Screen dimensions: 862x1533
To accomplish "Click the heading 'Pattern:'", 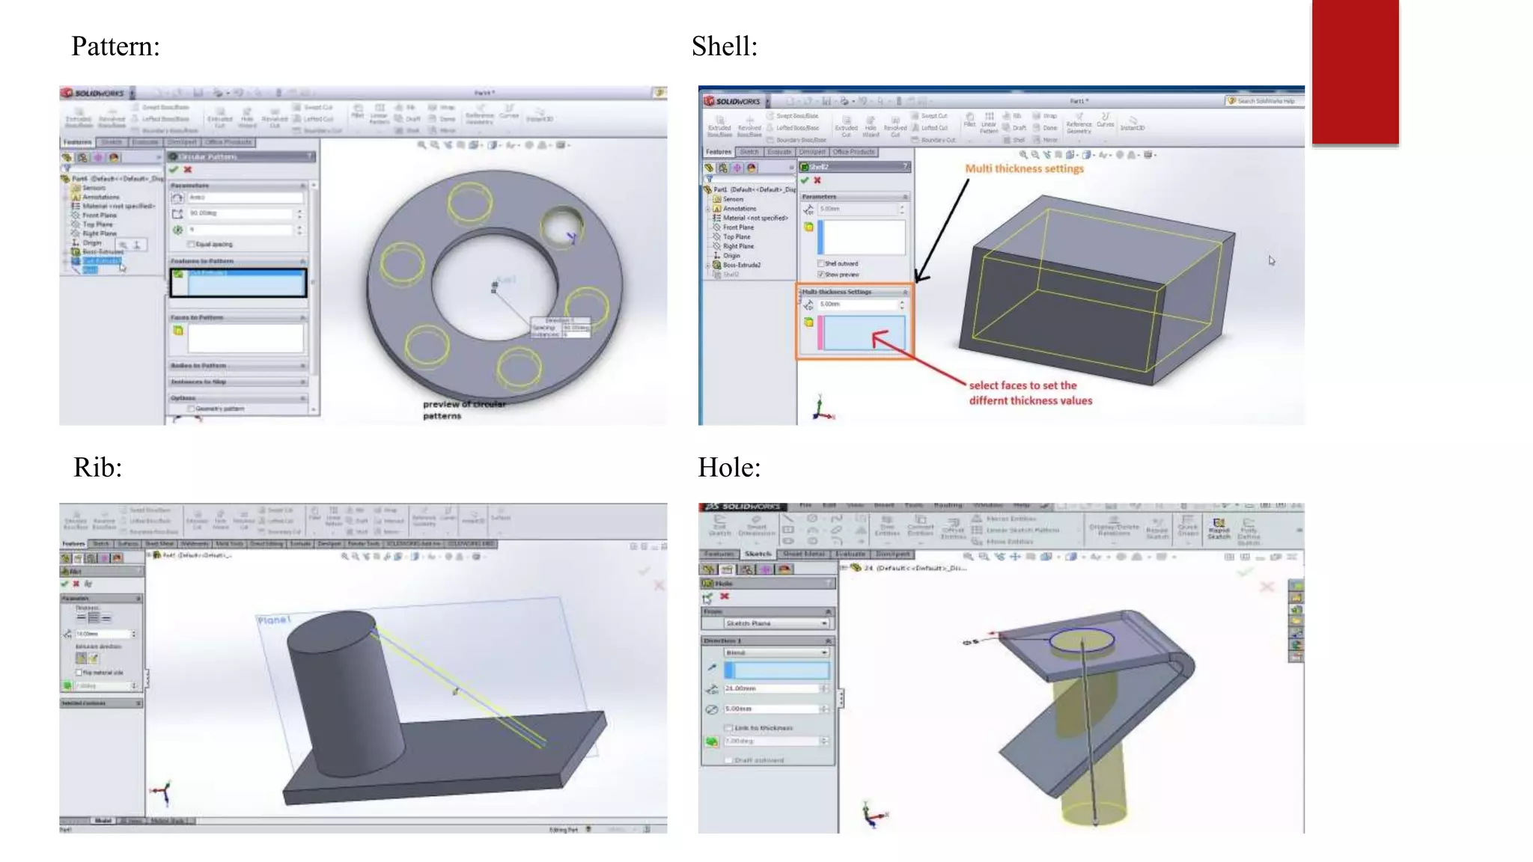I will click(115, 46).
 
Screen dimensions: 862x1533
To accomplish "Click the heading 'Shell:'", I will click(724, 46).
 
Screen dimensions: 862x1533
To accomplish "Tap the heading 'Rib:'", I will click(97, 468).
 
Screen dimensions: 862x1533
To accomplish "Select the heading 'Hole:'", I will click(729, 468).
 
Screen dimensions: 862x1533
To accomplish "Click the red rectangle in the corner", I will click(1355, 71).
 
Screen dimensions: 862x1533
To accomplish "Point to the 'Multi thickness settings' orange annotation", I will click(1024, 169).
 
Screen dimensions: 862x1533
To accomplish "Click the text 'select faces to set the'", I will click(1022, 385).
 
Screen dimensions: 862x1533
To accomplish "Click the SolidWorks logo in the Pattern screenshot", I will click(94, 94).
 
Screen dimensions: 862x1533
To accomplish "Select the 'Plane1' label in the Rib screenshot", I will click(273, 620).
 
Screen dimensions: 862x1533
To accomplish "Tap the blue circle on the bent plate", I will click(1082, 640).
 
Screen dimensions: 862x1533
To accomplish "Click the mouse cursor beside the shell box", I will click(1271, 260).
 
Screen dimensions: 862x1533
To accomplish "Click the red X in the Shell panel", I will click(817, 180).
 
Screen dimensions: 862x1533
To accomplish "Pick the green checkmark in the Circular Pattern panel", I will click(174, 170).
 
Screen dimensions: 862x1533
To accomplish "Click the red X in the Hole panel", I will click(724, 596).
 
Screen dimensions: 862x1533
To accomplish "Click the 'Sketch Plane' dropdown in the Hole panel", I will click(775, 623).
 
